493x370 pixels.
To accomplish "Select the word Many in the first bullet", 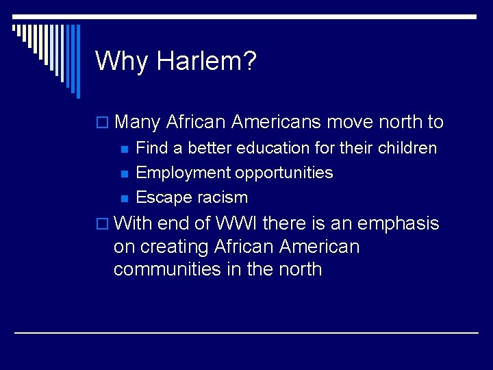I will [x=138, y=123].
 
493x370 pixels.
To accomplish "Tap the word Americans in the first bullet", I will [x=276, y=123].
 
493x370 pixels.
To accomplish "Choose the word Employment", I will [x=183, y=173].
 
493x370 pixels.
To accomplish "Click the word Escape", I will [x=163, y=197].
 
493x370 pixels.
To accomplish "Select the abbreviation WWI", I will [x=236, y=223].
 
